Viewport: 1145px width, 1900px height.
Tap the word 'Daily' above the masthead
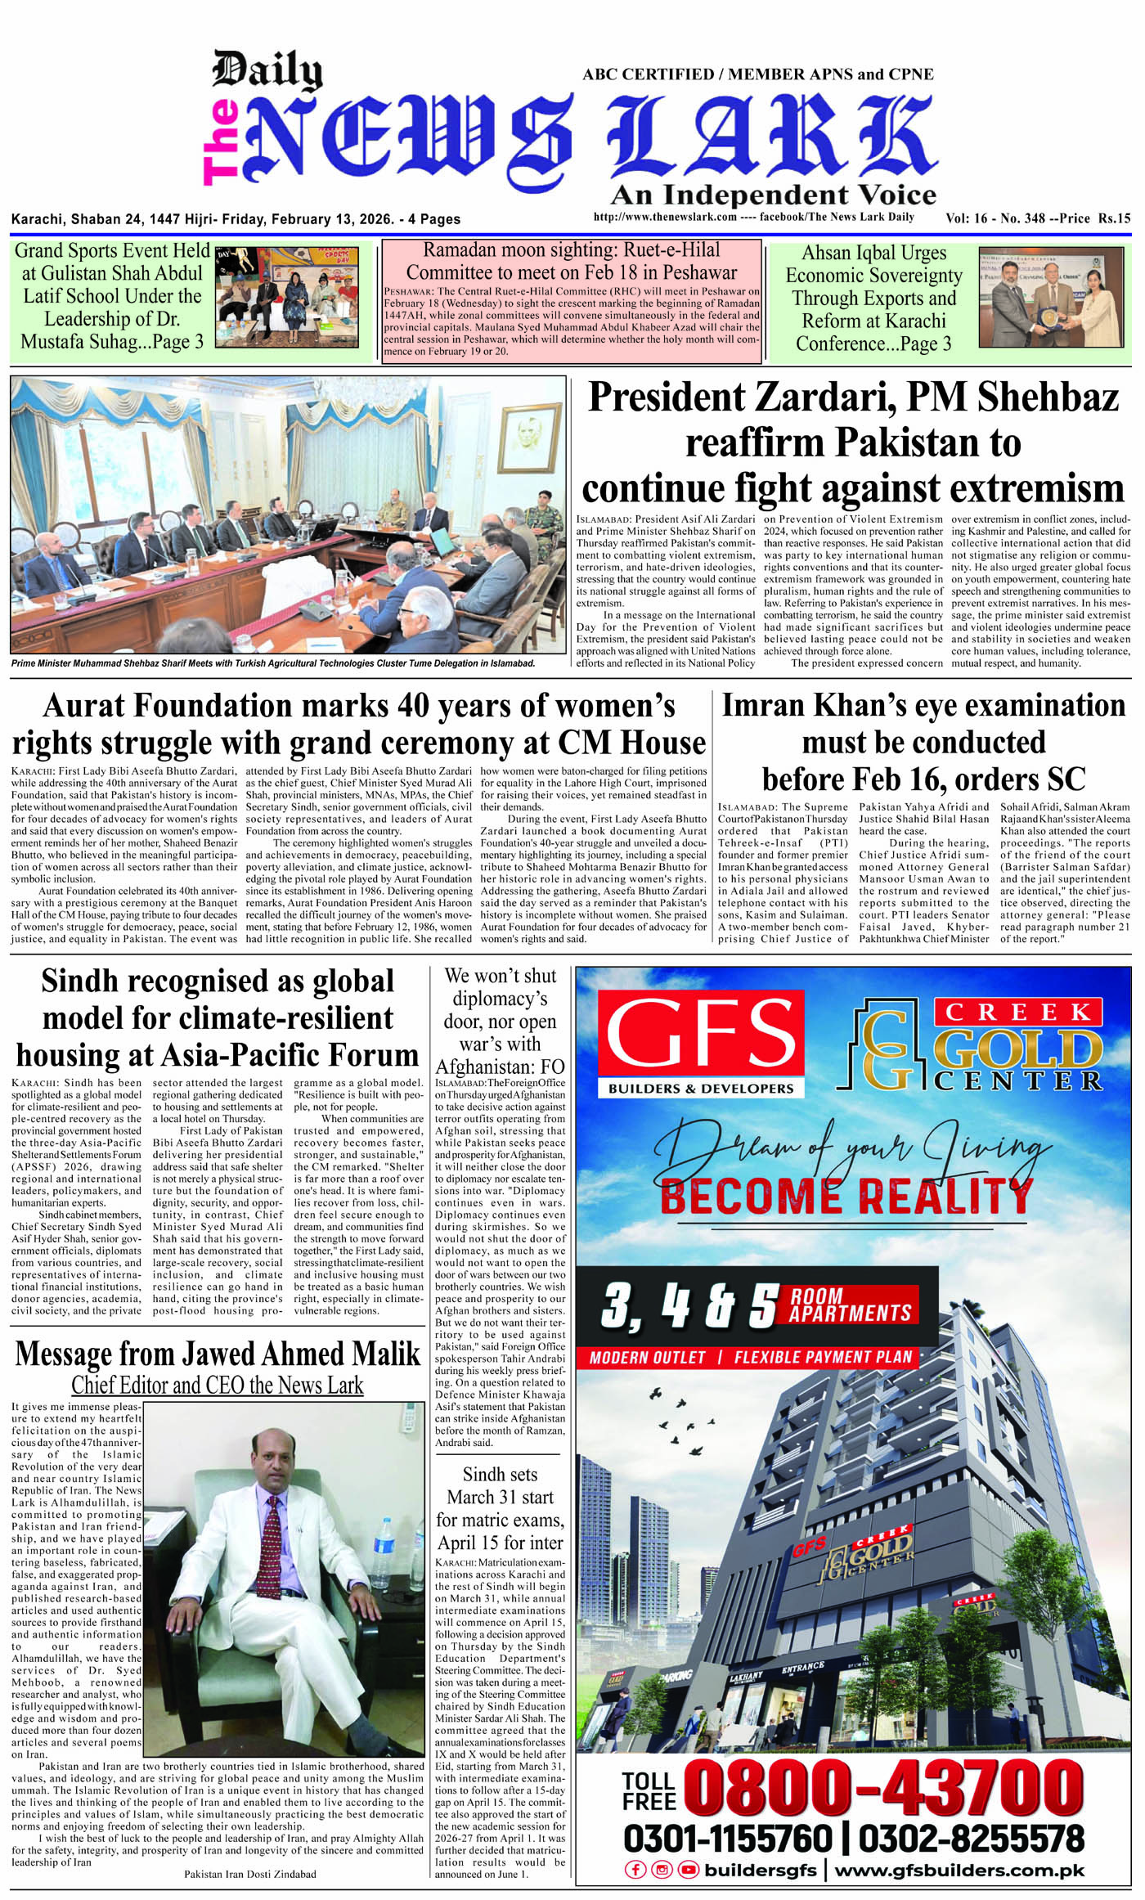pyautogui.click(x=267, y=70)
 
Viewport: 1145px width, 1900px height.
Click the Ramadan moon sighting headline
pyautogui.click(x=571, y=261)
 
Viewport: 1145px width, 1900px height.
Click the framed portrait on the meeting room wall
pyautogui.click(x=520, y=434)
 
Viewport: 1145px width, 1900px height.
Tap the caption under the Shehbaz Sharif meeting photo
pyautogui.click(x=273, y=663)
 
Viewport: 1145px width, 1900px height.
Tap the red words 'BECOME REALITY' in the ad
pyautogui.click(x=846, y=1196)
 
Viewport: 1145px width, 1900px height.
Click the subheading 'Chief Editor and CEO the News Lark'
pyautogui.click(x=218, y=1385)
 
